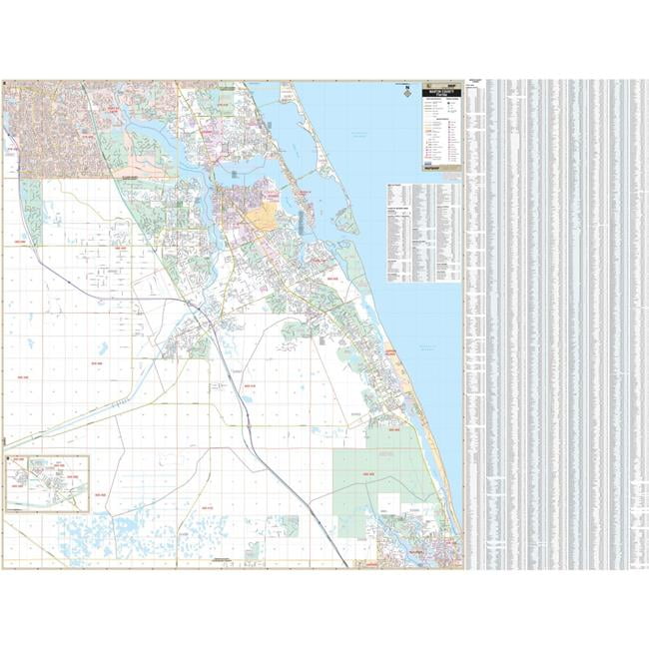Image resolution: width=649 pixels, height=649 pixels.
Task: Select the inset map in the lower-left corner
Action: click(x=47, y=483)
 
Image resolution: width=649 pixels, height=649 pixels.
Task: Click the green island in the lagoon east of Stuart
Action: click(x=345, y=219)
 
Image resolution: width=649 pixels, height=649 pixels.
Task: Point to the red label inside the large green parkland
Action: click(x=368, y=474)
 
